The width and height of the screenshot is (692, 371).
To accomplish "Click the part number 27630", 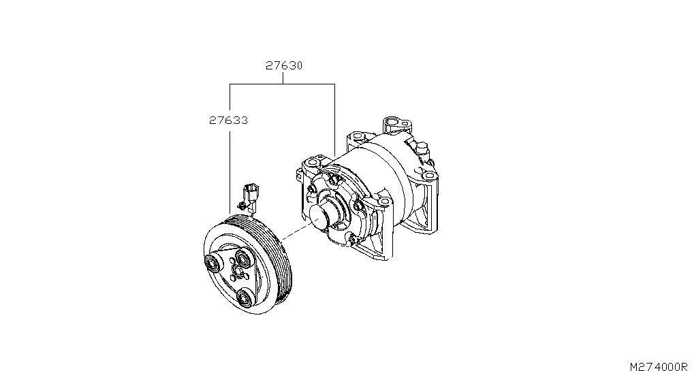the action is tap(284, 66).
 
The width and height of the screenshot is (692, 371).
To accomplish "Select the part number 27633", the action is tap(229, 120).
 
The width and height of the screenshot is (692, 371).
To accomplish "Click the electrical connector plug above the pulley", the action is tap(251, 195).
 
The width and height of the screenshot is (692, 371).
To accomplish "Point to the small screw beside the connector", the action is tap(241, 205).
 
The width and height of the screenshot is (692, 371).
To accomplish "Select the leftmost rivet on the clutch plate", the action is tap(213, 264).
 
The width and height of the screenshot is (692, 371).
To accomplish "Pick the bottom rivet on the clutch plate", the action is tap(244, 297).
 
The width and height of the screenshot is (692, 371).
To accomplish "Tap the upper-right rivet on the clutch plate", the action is tap(243, 257).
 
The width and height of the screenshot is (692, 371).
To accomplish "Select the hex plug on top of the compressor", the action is tap(422, 148).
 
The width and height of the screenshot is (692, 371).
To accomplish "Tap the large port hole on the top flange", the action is tap(392, 121).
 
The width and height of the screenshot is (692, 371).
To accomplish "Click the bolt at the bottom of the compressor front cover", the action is tap(351, 240).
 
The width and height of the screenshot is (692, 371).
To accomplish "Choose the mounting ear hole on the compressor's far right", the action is tap(428, 176).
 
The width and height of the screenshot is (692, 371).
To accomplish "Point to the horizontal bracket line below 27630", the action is tap(282, 84).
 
